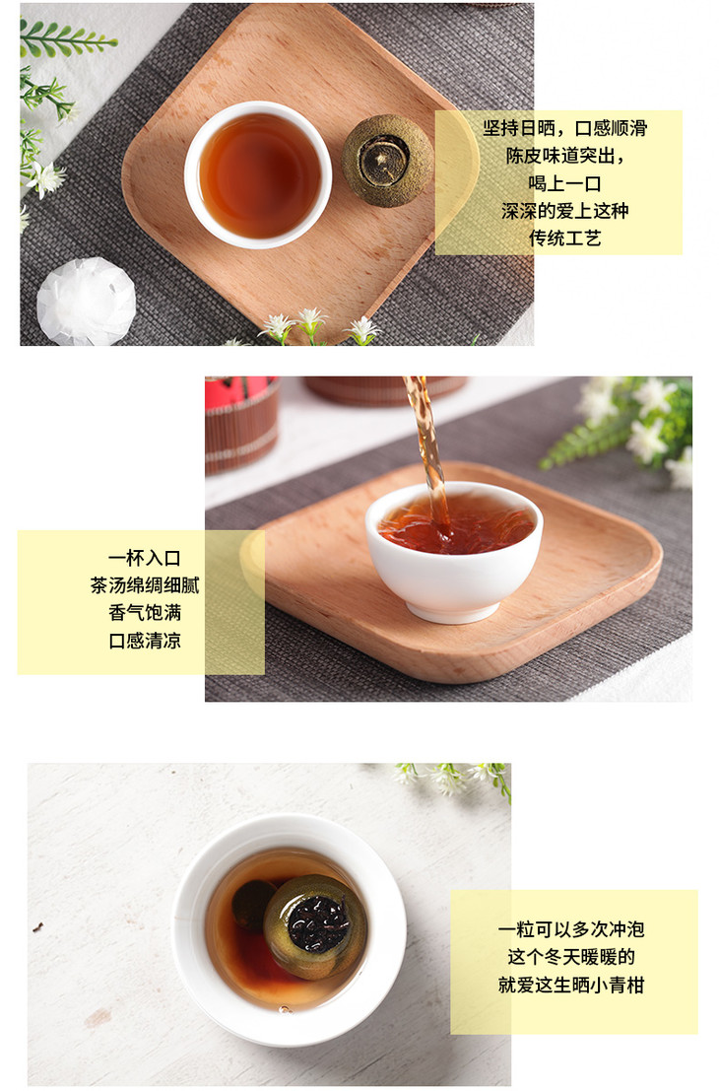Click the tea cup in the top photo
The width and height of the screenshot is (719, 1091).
(x=258, y=174)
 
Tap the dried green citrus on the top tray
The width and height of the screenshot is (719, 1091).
(x=387, y=161)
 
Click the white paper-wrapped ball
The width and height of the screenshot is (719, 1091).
(x=87, y=302)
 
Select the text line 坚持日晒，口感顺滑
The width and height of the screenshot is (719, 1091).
(x=565, y=128)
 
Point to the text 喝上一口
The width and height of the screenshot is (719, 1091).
(x=564, y=183)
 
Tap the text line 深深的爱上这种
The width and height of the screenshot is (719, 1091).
(x=564, y=211)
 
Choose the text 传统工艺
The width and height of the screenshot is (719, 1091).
(x=564, y=239)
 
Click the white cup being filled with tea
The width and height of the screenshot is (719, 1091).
(x=454, y=550)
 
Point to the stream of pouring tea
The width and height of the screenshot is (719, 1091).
(x=425, y=445)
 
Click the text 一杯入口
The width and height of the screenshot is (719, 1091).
(x=145, y=558)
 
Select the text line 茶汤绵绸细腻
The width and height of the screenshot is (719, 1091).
(x=145, y=585)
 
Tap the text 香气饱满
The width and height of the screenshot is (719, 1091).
(x=145, y=612)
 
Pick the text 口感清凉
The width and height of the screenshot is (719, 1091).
(x=145, y=641)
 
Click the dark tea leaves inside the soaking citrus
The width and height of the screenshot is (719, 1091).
(x=318, y=923)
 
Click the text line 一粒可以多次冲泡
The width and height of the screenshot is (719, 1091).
(x=571, y=929)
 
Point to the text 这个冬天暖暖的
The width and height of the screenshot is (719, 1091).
(x=571, y=957)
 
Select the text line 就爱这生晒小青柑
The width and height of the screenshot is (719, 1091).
(x=571, y=985)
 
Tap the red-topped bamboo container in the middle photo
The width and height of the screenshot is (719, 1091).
(x=242, y=425)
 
